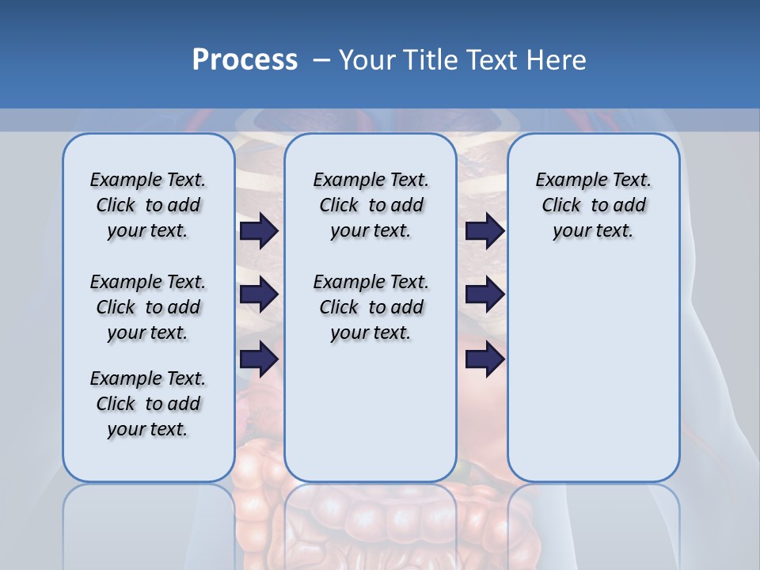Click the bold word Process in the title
(245, 60)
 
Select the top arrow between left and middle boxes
(259, 230)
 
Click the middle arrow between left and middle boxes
(259, 294)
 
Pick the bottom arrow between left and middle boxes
(259, 359)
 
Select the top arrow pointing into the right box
(484, 230)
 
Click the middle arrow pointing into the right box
(484, 294)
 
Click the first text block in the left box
(148, 205)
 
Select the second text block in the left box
(148, 307)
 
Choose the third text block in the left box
(148, 404)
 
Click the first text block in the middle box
(370, 205)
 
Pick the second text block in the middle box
(370, 307)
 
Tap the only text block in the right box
(594, 205)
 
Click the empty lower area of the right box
(594, 372)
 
